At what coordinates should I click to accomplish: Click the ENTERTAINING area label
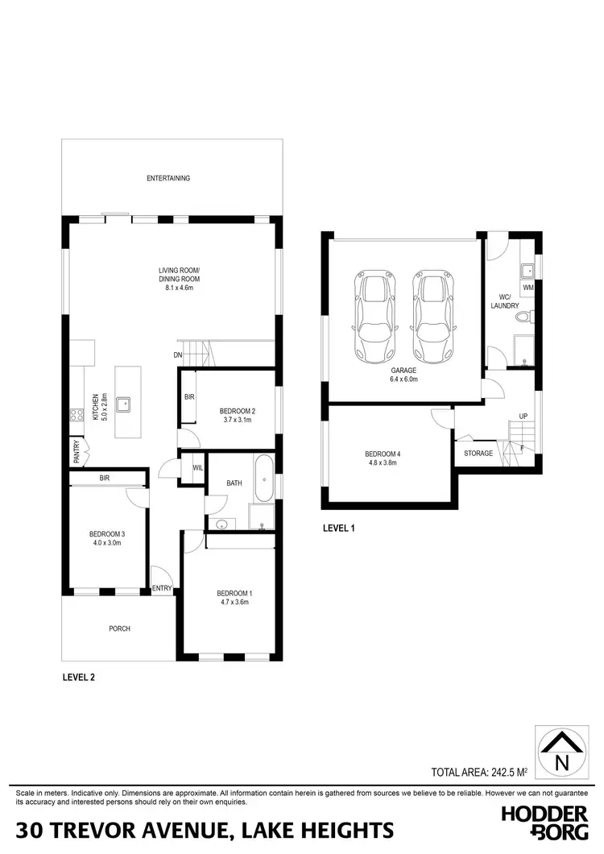[x=168, y=178]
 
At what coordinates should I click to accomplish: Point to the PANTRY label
[x=75, y=448]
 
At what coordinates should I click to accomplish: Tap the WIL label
[x=197, y=467]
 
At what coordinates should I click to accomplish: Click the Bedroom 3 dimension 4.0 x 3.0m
[x=105, y=542]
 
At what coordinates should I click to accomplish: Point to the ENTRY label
[x=162, y=588]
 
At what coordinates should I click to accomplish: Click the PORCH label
[x=119, y=628]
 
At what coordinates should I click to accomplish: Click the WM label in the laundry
[x=528, y=287]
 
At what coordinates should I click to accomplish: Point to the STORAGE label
[x=478, y=454]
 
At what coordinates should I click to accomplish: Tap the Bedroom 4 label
[x=383, y=454]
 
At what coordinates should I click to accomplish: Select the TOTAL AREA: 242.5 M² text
[x=479, y=772]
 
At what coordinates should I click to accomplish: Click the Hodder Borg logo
[x=544, y=823]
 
